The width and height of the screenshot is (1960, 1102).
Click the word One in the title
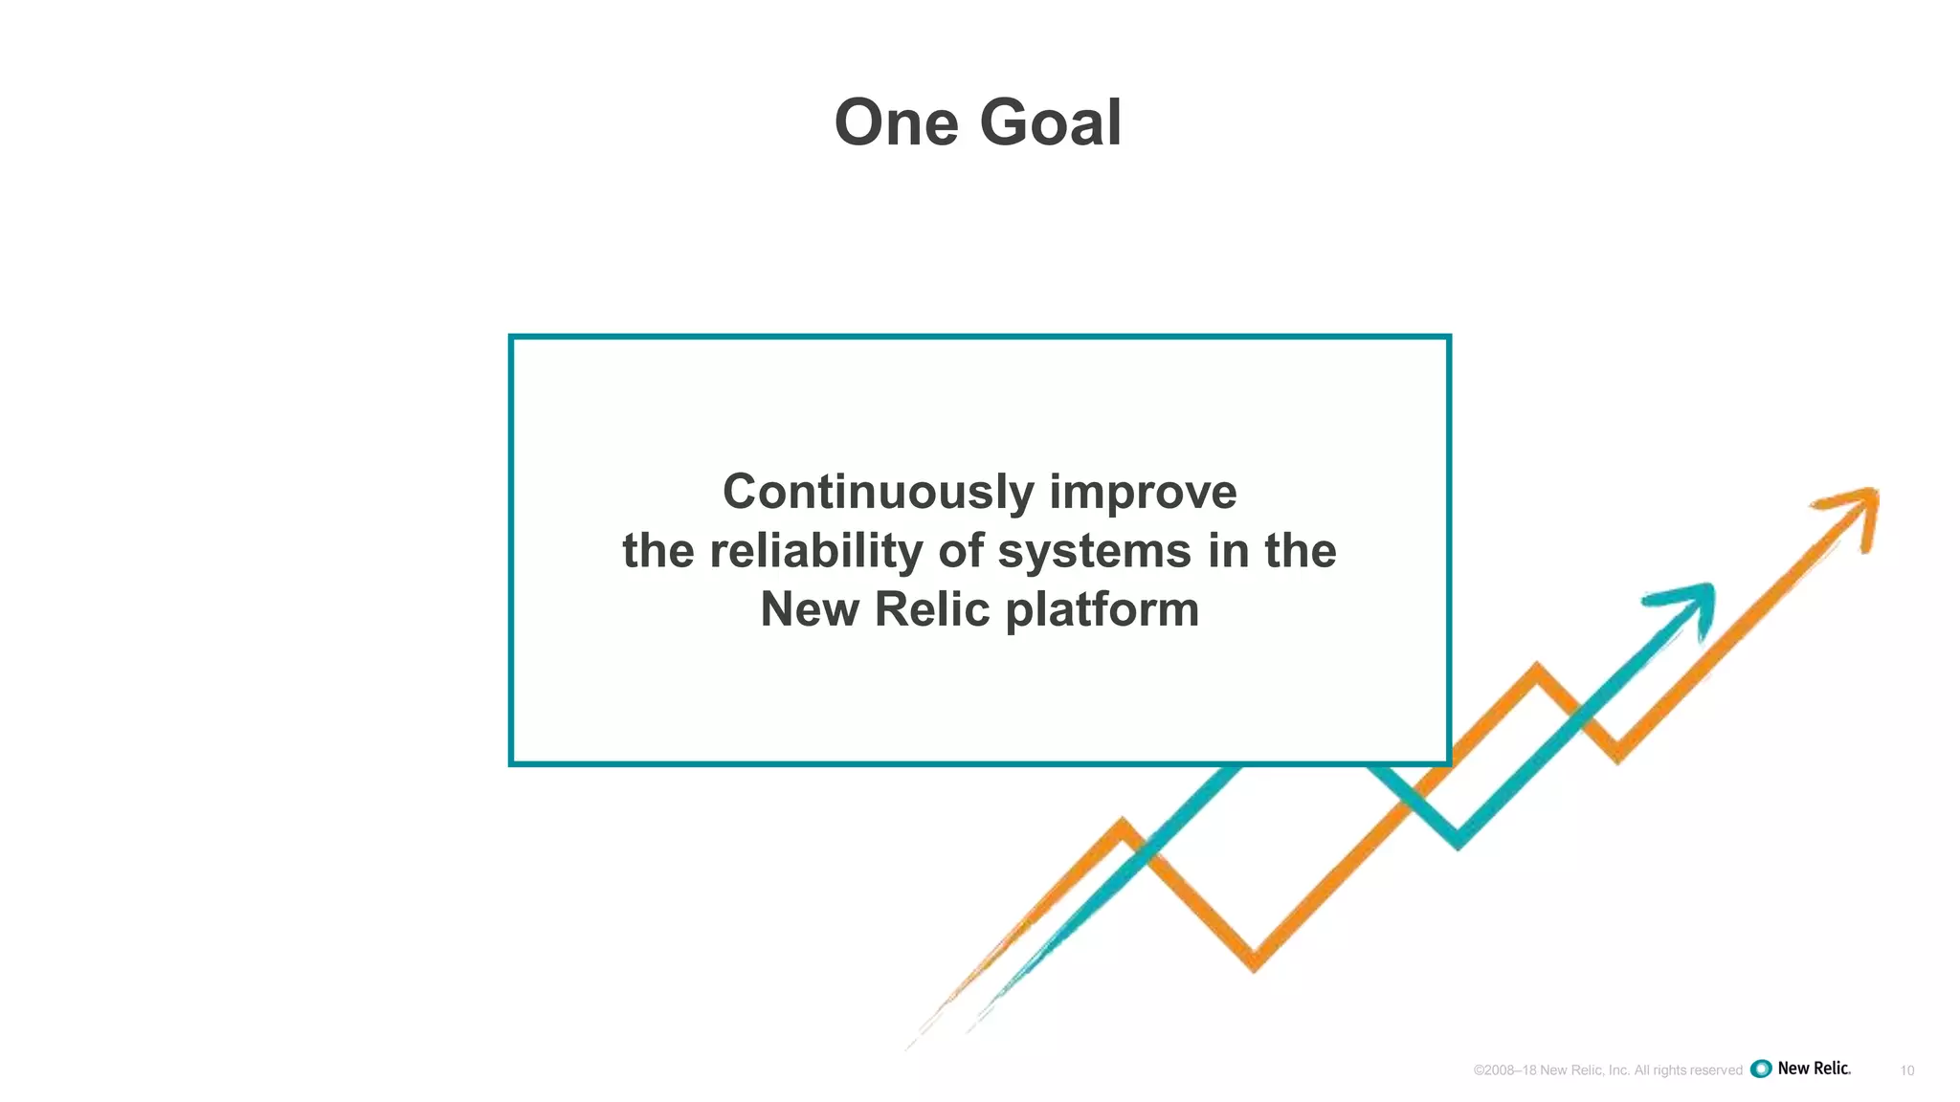[896, 123]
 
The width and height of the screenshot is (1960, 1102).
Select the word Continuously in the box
[878, 492]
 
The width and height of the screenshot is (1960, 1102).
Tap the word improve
[1143, 492]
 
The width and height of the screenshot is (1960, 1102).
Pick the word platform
[1102, 610]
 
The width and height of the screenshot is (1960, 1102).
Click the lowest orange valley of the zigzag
[1255, 962]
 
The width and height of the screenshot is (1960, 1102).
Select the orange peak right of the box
[1537, 667]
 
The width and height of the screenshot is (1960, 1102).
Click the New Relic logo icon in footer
[1761, 1069]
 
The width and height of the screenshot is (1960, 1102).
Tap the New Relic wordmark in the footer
[1815, 1069]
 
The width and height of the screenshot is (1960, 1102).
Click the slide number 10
[1906, 1070]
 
